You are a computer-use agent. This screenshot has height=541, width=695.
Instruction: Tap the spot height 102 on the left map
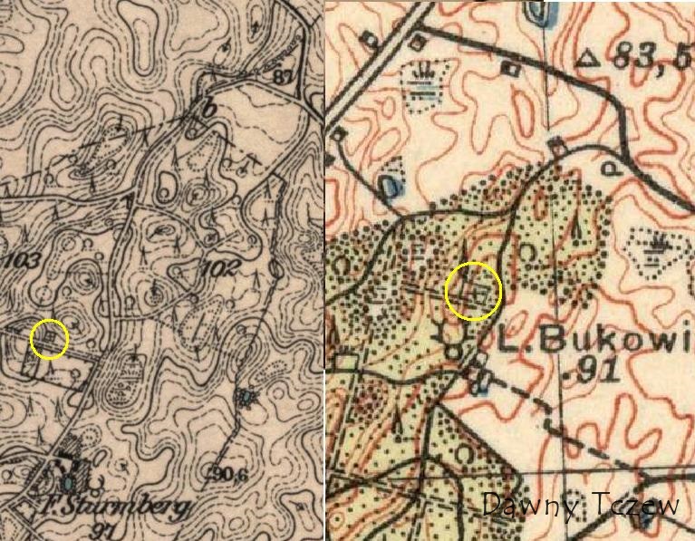pyautogui.click(x=222, y=268)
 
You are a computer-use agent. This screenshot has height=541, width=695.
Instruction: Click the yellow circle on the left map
pyautogui.click(x=49, y=339)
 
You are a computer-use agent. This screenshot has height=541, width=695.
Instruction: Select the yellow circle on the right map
pyautogui.click(x=473, y=291)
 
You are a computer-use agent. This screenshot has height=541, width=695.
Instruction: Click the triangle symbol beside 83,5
pyautogui.click(x=589, y=60)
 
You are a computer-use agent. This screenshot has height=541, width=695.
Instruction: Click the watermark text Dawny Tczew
pyautogui.click(x=581, y=506)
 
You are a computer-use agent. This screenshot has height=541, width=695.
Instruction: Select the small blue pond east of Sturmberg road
pyautogui.click(x=245, y=396)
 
